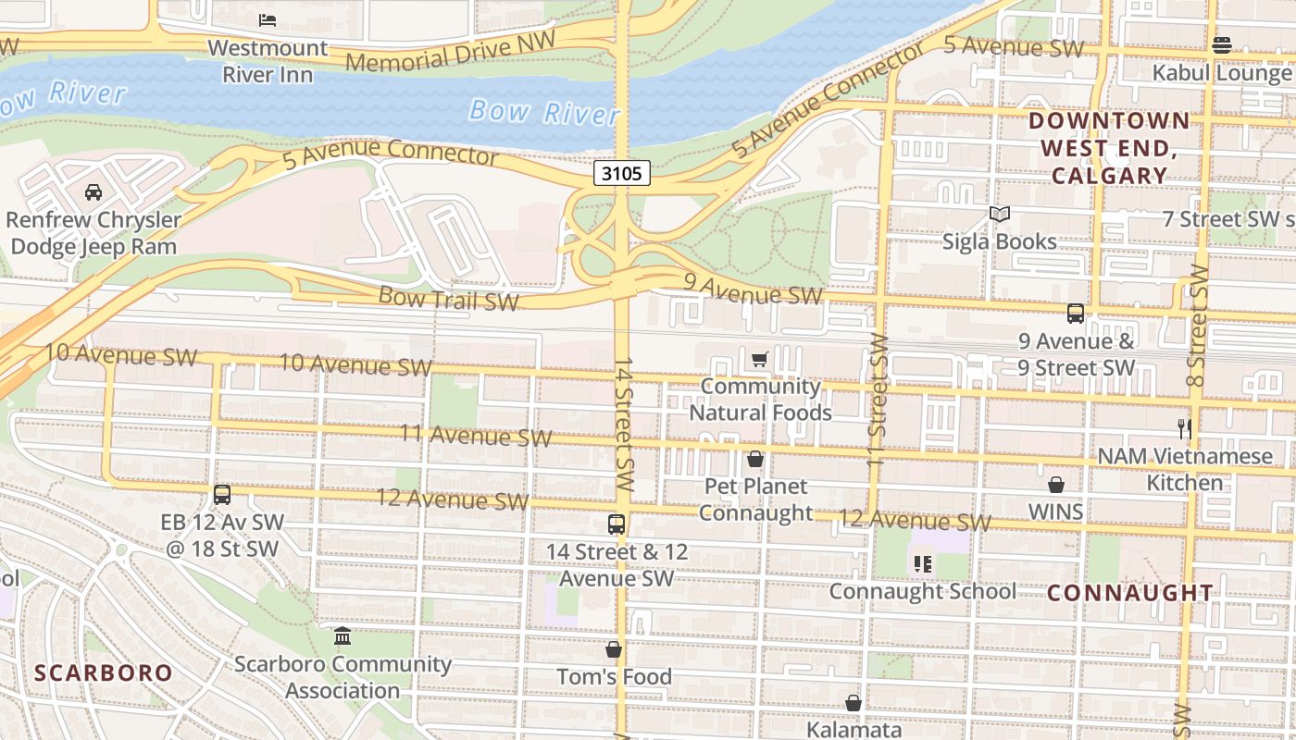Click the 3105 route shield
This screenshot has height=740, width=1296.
[622, 173]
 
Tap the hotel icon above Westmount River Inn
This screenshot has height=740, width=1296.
[268, 19]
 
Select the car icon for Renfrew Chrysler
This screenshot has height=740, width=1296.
[93, 192]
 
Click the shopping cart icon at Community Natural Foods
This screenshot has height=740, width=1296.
[760, 359]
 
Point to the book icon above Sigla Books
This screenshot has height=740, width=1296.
[999, 215]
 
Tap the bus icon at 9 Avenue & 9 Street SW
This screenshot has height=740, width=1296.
[1076, 314]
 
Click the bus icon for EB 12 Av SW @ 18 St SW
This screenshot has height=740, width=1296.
[222, 495]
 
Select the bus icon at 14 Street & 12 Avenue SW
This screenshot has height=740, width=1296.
[617, 524]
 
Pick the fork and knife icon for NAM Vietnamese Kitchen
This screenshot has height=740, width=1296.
[1184, 428]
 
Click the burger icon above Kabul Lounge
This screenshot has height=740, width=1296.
[1221, 45]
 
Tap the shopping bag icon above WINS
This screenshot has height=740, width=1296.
[1056, 485]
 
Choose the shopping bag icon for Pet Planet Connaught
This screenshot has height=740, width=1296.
[755, 459]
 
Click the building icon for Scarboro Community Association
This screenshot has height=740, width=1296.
[343, 636]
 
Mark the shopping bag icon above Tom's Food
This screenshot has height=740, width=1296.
[614, 649]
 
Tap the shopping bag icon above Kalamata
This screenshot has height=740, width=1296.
[854, 703]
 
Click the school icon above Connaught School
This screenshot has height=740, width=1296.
[922, 563]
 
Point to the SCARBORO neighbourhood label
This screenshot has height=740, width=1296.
[104, 672]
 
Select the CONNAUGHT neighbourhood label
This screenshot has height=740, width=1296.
[1130, 593]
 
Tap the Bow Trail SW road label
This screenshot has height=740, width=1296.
[449, 298]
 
